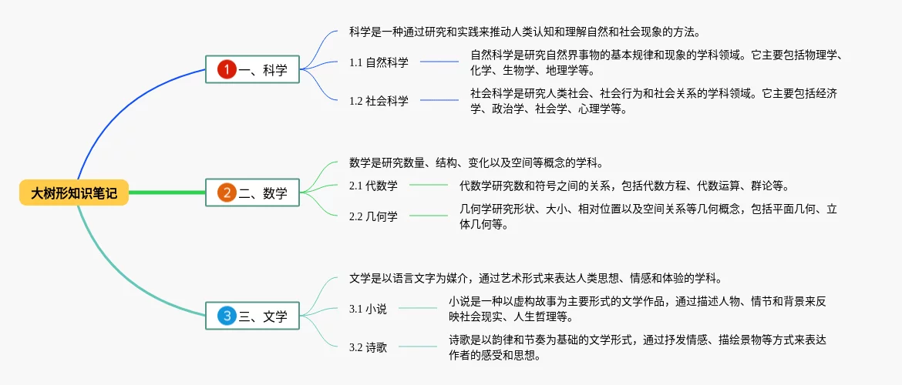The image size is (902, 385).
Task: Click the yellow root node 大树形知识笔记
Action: coord(74,193)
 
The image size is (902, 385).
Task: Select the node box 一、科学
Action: coord(253,70)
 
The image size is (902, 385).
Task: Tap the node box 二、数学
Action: coord(253,193)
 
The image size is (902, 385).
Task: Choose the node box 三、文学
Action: coord(253,316)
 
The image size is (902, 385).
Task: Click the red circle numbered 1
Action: coord(227,70)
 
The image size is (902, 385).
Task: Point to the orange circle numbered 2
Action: coord(227,193)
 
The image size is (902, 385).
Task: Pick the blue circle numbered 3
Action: coord(227,316)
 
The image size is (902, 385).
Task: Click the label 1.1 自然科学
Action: coord(379,62)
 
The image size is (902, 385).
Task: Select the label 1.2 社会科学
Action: coord(379,101)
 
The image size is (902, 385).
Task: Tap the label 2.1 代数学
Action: coord(373,186)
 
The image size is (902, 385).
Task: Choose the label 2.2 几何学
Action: coord(373,216)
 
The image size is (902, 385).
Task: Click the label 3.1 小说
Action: coord(368,309)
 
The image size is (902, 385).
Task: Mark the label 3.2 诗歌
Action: coord(368,347)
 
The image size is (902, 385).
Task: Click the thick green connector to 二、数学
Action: coord(167,193)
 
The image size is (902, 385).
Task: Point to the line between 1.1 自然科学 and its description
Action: coord(439,62)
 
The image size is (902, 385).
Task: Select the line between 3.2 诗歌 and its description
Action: coord(417,347)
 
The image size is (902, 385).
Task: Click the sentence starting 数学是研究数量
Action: coord(476,163)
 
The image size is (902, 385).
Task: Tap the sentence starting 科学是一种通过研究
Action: coord(524,32)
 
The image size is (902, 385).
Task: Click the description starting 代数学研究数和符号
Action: coord(624,186)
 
